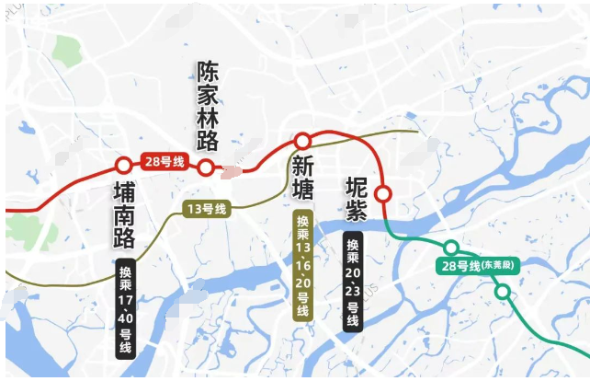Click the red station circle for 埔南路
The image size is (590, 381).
coord(123,167)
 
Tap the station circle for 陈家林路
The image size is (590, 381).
coord(207,167)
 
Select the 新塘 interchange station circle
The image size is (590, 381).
coord(301,141)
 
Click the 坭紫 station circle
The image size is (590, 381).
coord(383,193)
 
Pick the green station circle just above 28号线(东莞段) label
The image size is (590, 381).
coord(451,248)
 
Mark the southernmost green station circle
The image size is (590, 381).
coord(503,292)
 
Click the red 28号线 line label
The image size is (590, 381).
coord(165,162)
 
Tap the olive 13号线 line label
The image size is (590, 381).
coord(206,209)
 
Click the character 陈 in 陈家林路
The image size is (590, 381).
coord(208,72)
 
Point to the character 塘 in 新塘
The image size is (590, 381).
coord(302,190)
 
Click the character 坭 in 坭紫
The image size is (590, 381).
coord(356,186)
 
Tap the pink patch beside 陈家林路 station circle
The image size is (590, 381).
coord(233,170)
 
